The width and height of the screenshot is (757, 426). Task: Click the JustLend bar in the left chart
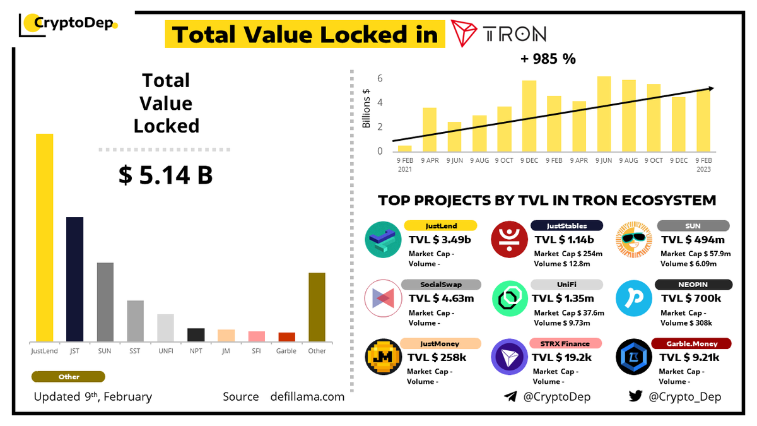(x=44, y=237)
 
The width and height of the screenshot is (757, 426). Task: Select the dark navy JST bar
(x=74, y=279)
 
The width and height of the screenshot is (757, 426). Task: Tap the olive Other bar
(x=317, y=307)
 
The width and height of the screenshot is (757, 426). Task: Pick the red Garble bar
(x=286, y=336)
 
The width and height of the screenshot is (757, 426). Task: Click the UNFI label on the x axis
(x=165, y=351)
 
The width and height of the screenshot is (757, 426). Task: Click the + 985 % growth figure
(x=548, y=59)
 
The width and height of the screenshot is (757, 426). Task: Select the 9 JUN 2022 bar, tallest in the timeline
(x=604, y=114)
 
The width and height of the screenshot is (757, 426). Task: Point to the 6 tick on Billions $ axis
(x=380, y=79)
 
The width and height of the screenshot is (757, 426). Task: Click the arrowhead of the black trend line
(x=711, y=89)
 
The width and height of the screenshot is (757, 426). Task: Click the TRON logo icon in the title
(x=465, y=33)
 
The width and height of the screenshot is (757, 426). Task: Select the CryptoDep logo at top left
(x=68, y=24)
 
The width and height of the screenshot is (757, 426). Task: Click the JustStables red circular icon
(x=508, y=239)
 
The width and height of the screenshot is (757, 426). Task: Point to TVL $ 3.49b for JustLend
(x=440, y=240)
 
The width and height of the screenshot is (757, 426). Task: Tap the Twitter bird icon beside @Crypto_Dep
(x=635, y=396)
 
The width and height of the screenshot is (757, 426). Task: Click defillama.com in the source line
(x=307, y=396)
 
